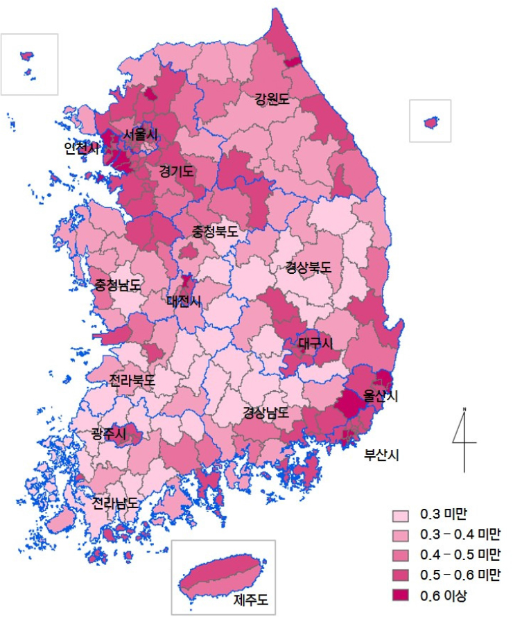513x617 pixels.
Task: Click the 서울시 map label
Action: point(141,134)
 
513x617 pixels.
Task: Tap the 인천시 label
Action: point(82,148)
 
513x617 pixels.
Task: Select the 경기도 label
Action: point(177,171)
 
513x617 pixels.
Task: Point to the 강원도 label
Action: point(272,100)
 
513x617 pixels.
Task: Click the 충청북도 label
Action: point(215,232)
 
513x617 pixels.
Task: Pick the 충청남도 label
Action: point(118,285)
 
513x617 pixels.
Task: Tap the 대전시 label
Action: point(184,301)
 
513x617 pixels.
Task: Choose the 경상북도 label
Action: point(308,268)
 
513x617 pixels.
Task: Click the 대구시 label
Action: point(316,343)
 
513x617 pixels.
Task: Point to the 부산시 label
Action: point(383,455)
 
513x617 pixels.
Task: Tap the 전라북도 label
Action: point(132,381)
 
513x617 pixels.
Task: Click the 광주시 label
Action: point(109,434)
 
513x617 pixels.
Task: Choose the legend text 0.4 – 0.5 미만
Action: point(460,555)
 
